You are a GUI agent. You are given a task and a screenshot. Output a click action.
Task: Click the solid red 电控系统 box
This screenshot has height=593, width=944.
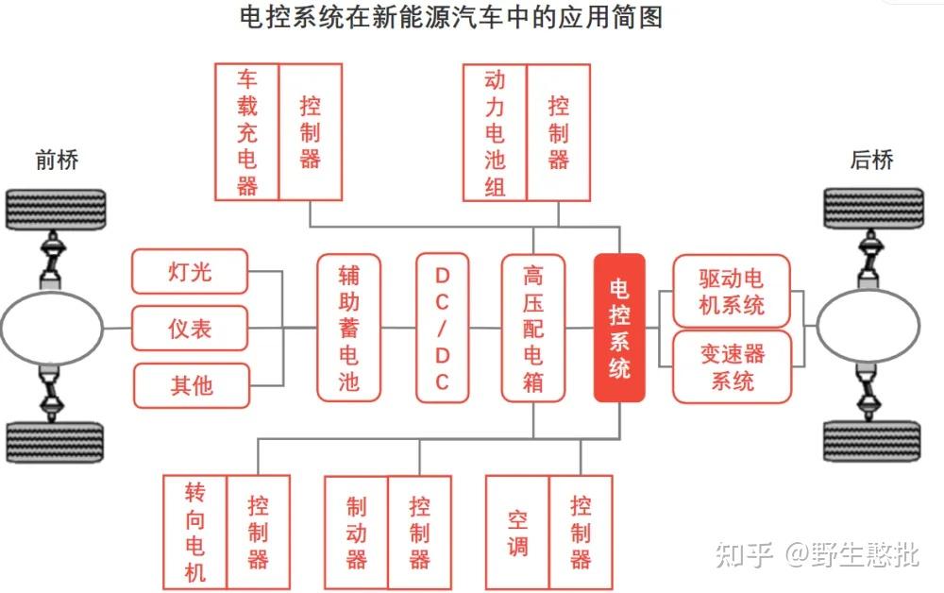pos(619,328)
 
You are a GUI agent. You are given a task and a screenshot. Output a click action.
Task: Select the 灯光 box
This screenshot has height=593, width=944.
pos(190,272)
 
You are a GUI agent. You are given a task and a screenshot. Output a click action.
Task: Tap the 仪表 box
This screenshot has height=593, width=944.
pos(190,328)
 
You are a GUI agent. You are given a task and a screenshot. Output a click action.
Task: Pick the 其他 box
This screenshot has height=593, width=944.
pos(192,385)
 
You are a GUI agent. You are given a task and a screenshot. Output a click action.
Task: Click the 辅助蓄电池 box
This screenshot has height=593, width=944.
pos(348,328)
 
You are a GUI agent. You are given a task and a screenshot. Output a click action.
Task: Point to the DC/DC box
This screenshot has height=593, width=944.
pos(442,328)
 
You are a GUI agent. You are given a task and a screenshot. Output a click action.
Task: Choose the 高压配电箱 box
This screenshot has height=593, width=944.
pos(532,328)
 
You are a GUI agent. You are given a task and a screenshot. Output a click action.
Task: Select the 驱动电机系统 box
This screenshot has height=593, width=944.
pos(732,292)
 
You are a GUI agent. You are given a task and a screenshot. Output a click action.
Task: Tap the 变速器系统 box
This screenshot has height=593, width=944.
pos(733,366)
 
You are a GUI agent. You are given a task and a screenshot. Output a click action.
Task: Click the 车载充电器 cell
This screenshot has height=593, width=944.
pos(246,132)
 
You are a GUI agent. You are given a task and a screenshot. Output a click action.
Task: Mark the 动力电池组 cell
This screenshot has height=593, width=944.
pos(495,132)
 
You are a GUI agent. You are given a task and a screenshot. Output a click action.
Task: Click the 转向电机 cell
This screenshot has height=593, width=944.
pos(195,533)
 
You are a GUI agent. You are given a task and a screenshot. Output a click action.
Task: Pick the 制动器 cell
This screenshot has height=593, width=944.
pos(357,533)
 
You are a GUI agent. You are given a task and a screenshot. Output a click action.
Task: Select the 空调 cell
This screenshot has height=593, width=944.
pos(517,533)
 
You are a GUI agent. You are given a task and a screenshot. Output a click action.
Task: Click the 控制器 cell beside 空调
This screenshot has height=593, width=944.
pos(581,533)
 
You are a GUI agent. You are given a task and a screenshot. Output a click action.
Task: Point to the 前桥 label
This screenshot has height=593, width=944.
pos(57,161)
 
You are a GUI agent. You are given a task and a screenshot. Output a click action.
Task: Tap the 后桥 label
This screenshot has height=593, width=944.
pos(871,160)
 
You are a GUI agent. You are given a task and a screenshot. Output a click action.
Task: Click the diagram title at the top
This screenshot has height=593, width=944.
pos(451,17)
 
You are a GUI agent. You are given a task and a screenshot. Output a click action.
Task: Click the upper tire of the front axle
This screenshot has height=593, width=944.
pos(56,210)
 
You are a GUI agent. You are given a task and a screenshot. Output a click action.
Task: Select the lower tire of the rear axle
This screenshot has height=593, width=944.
pos(871,441)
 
